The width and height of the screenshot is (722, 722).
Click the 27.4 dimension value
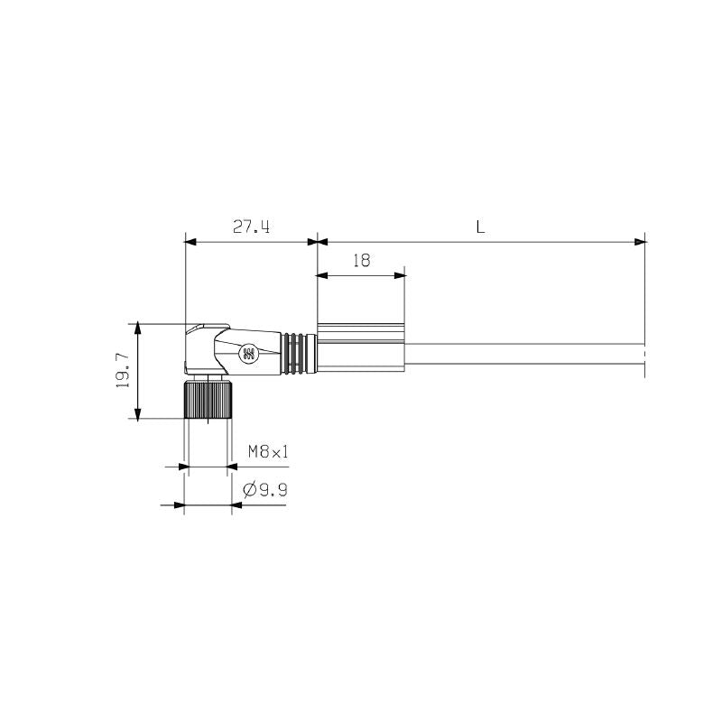(251, 227)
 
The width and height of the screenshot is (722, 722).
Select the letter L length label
(481, 227)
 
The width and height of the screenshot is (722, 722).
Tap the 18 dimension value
(361, 261)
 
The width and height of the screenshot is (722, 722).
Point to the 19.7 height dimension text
(124, 370)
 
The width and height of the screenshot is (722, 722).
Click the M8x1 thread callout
(268, 451)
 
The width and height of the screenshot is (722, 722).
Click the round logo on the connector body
(248, 355)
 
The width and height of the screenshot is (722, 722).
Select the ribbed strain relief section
(298, 354)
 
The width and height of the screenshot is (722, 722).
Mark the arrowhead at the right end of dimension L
(641, 242)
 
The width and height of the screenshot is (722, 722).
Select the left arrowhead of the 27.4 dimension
(190, 242)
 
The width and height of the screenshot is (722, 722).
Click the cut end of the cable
(644, 354)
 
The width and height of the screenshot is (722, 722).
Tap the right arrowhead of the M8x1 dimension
(232, 467)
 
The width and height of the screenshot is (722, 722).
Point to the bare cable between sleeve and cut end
(523, 354)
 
